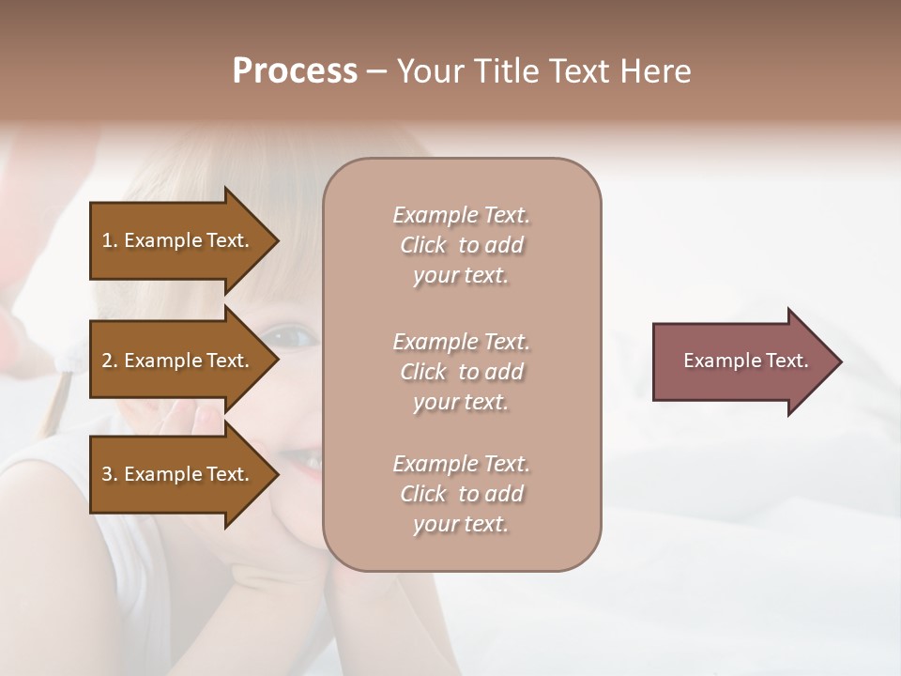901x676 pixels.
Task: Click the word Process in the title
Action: tap(295, 71)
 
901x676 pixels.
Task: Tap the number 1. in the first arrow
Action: tap(110, 240)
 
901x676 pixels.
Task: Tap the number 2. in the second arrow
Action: tap(110, 361)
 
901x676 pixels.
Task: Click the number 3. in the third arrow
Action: tap(110, 474)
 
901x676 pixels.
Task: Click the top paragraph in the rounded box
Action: tap(461, 245)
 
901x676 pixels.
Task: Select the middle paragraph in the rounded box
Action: tap(461, 372)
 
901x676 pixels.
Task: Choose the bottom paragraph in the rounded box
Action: tap(461, 494)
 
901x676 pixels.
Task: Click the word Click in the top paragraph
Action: tap(422, 245)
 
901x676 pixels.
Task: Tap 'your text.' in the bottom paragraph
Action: tap(461, 524)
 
